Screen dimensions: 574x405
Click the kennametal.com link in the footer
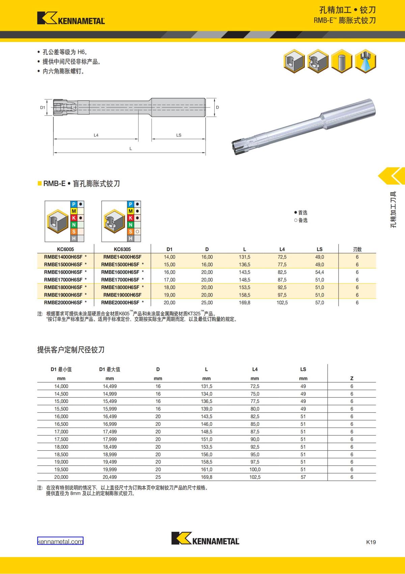coord(60,542)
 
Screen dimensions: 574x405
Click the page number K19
coord(371,542)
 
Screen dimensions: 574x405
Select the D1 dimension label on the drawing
coord(43,107)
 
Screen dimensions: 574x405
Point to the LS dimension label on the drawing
coord(179,135)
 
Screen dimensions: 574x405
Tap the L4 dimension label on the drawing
coord(96,135)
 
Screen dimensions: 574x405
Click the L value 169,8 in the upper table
coord(244,303)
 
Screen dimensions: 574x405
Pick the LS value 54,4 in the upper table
coord(319,272)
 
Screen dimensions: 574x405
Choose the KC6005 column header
coord(65,249)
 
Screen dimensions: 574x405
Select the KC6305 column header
coord(122,249)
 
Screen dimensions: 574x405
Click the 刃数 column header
coord(357,249)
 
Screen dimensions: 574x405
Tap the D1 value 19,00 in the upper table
coord(169,295)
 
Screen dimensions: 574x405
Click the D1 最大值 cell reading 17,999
coord(110,439)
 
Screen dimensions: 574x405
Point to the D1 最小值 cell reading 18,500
coord(61,454)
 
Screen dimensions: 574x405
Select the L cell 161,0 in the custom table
coord(206,470)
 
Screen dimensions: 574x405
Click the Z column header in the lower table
coord(352,378)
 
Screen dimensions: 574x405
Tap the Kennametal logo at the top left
coord(71,18)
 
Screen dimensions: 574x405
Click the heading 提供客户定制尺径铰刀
coord(71,350)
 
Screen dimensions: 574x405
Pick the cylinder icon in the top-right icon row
coord(342,61)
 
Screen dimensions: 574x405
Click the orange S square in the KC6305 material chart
coord(131,232)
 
